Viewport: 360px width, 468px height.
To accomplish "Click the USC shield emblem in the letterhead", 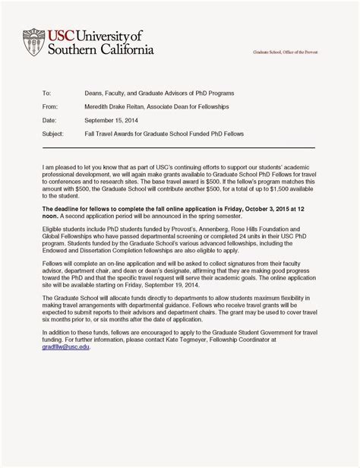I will (x=33, y=36).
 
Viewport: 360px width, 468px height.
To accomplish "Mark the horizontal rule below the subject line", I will (x=180, y=148).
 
